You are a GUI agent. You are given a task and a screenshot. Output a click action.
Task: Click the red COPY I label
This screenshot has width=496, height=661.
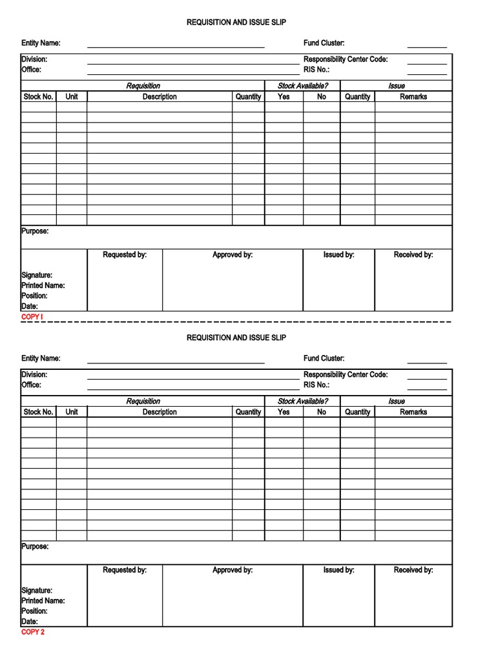tap(32, 317)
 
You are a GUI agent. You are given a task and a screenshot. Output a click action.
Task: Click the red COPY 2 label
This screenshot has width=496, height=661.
tap(33, 632)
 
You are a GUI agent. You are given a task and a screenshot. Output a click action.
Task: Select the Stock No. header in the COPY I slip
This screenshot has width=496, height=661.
tap(38, 97)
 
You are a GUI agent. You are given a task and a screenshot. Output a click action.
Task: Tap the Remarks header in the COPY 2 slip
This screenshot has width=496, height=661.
tap(413, 412)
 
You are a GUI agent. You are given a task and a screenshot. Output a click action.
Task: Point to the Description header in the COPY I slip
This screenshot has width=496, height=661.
tap(160, 97)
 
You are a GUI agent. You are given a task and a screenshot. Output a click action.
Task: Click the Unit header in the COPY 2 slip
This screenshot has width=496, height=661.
tap(71, 412)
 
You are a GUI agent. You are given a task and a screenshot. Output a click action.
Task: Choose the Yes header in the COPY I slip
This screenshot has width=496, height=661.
tap(284, 97)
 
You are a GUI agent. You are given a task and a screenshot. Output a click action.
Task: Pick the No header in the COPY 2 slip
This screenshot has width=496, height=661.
tap(322, 412)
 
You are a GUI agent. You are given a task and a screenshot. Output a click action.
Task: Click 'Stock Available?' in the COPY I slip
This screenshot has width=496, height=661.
tap(302, 86)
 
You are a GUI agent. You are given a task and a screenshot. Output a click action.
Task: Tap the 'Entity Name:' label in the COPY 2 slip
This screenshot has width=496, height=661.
tap(41, 358)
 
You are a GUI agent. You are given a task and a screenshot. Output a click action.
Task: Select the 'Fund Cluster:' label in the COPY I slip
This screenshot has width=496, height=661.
tap(324, 43)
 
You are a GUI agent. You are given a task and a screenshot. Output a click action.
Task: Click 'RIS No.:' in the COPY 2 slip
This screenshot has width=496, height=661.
tap(316, 385)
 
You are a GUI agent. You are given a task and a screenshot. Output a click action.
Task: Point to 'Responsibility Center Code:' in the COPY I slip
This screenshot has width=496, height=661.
tap(346, 59)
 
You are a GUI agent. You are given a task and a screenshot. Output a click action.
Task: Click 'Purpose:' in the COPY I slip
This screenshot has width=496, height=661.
tap(35, 231)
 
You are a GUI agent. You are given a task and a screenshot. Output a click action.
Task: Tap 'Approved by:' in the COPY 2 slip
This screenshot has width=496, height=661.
tap(232, 570)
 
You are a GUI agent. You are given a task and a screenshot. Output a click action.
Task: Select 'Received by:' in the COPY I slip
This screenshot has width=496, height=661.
tap(413, 255)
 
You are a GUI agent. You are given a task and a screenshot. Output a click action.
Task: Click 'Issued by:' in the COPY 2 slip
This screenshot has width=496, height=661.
tap(338, 570)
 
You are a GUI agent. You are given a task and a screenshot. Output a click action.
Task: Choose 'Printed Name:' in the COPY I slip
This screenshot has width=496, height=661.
tap(43, 285)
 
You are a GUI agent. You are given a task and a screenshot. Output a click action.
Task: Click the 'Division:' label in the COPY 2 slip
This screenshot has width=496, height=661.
tap(34, 374)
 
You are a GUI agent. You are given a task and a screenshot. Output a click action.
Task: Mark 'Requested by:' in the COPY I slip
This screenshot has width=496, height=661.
tap(125, 255)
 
